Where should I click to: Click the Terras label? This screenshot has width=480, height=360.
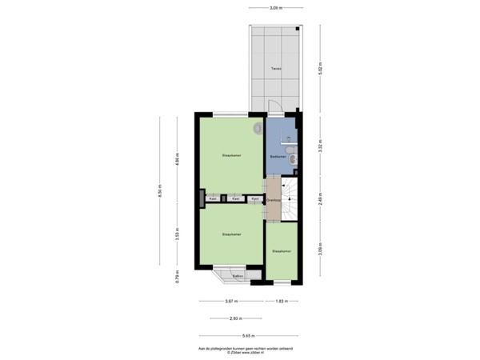(x=275, y=69)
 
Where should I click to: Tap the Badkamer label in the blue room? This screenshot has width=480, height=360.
(x=277, y=155)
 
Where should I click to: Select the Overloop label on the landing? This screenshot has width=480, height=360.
(x=273, y=199)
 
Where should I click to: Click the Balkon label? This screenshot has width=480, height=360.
(x=238, y=276)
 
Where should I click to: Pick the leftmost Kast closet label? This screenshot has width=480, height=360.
(x=213, y=198)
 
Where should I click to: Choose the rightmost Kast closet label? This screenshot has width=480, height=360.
(x=254, y=198)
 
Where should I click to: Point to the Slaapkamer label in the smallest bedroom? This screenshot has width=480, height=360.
(x=282, y=251)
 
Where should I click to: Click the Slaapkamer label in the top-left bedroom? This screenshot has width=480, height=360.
(x=232, y=154)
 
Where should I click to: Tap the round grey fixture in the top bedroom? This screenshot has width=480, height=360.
(x=258, y=128)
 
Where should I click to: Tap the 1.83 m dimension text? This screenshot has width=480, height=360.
(x=282, y=301)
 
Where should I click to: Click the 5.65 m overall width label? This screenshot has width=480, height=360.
(x=249, y=335)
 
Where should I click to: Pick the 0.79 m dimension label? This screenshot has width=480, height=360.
(x=177, y=277)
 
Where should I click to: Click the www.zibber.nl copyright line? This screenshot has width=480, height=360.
(x=240, y=353)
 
